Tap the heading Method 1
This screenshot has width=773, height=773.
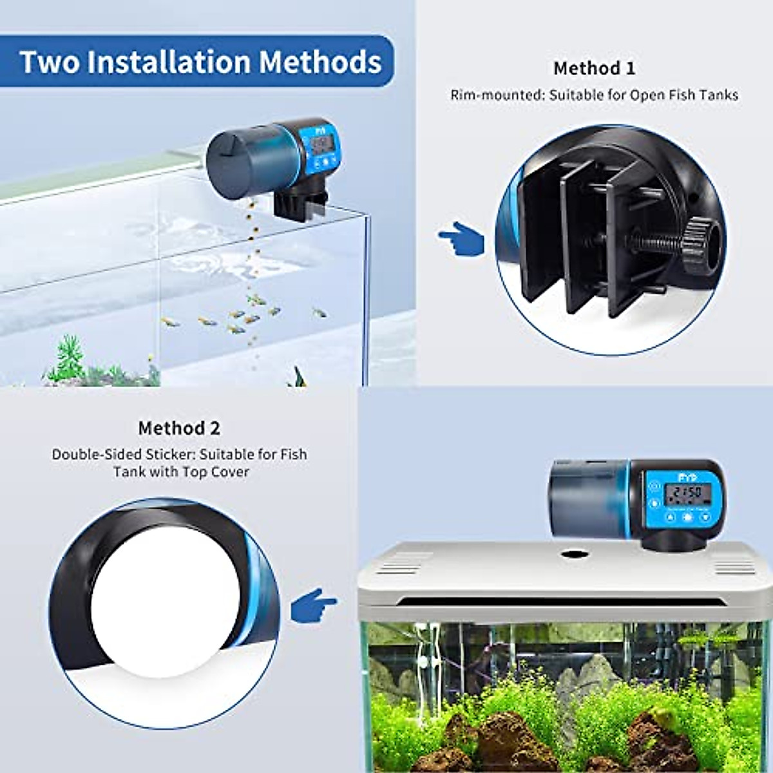pos(594,68)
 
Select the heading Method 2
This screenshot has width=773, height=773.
pos(179,428)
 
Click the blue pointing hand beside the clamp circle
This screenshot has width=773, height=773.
pos(462,238)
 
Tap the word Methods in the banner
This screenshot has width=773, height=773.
pos(320,62)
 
